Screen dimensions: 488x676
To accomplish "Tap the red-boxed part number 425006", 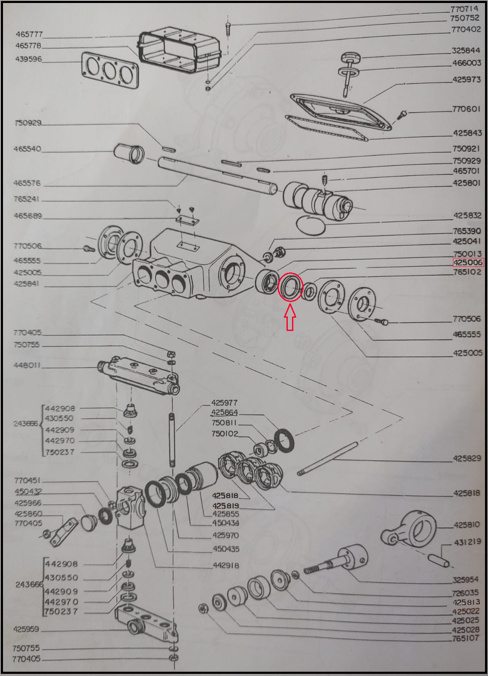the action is [x=468, y=262].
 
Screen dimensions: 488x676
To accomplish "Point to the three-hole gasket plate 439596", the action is [x=110, y=70].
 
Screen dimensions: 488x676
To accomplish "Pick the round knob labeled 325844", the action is [x=351, y=57].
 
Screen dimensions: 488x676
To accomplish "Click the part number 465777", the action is [x=29, y=34].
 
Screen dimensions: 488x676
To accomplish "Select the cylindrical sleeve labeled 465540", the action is [x=129, y=153].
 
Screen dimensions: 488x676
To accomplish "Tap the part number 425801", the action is [x=466, y=183].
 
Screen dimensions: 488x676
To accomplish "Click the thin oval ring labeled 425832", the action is [x=311, y=224].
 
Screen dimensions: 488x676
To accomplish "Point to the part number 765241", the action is [x=26, y=199].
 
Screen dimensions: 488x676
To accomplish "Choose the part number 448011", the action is [x=26, y=365].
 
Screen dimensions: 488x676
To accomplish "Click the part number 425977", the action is [x=224, y=403].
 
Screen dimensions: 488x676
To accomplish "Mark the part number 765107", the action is [x=465, y=638].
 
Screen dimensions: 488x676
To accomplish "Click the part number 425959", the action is [x=26, y=629].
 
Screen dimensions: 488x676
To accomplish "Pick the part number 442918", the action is [x=226, y=565].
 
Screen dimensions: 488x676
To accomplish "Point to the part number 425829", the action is [x=467, y=458].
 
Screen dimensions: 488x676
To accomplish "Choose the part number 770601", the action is [x=466, y=108].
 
